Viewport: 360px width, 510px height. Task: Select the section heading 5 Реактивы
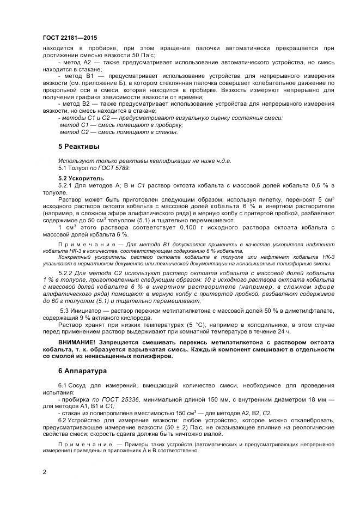[78, 147]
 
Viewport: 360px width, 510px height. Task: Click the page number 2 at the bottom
[44, 471]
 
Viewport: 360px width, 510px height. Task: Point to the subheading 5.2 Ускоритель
[81, 178]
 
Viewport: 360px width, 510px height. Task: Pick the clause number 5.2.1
[68, 185]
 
